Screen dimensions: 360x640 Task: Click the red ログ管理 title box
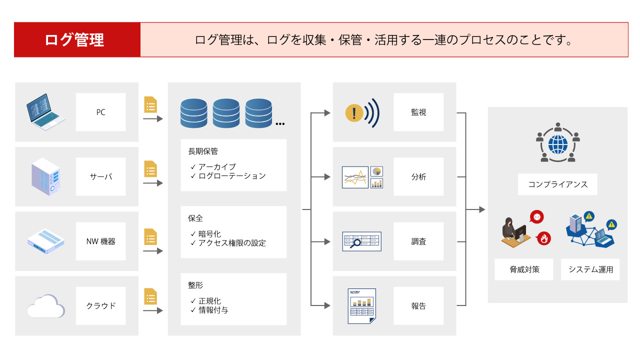[x=77, y=40]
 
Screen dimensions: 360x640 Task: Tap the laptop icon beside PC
[x=45, y=112]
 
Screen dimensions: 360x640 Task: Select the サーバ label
[x=100, y=177]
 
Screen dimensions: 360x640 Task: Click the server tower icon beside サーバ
[x=45, y=176]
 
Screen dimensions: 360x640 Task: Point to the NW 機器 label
[x=100, y=241]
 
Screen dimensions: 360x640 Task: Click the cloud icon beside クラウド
[x=45, y=305]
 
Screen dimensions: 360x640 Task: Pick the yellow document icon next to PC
[x=150, y=104]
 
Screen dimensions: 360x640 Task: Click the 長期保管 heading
[x=203, y=151]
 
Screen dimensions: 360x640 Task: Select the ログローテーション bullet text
[x=232, y=176]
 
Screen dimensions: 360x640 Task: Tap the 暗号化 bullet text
[x=209, y=234]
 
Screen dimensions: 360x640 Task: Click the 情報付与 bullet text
[x=213, y=310]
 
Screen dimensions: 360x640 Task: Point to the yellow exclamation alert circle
[x=354, y=112]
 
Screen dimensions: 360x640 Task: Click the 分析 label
[x=418, y=177]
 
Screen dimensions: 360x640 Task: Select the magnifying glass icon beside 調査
[x=356, y=243]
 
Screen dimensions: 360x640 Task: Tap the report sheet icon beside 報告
[x=362, y=305]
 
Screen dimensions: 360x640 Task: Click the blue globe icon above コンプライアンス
[x=557, y=144]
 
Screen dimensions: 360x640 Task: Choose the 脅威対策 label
[x=524, y=270]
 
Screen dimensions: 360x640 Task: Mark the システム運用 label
[x=590, y=270]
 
